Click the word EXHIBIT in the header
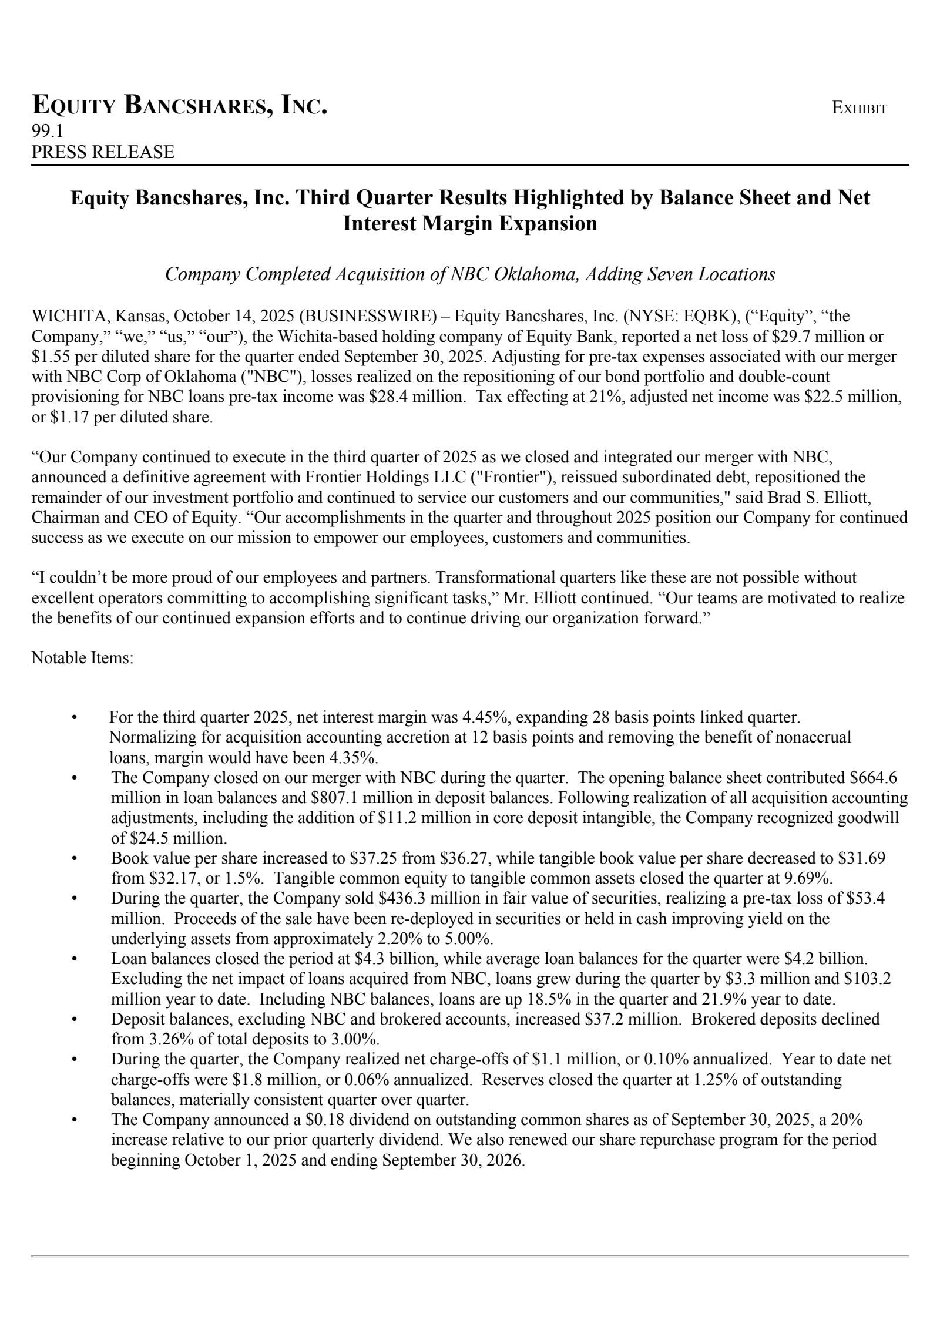859,109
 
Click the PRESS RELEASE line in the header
103,152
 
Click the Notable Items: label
82,657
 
